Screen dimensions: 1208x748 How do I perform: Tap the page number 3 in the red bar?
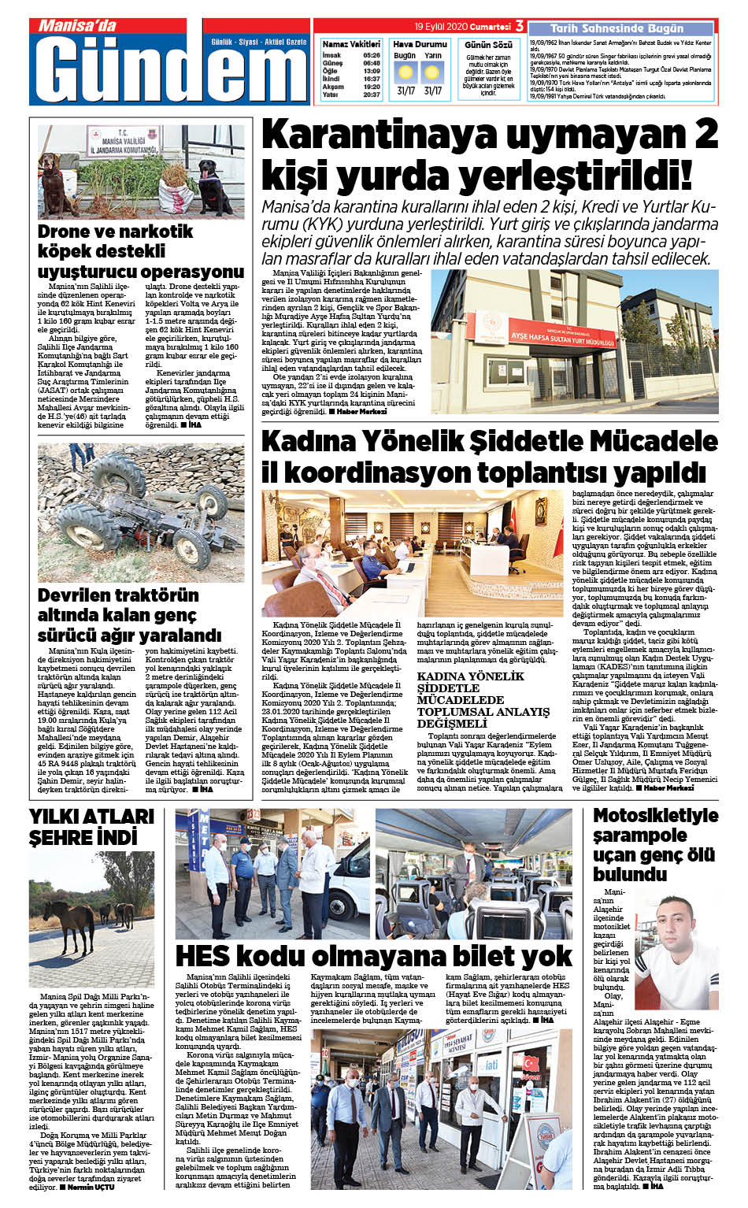520,26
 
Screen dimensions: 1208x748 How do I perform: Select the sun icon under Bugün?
405,73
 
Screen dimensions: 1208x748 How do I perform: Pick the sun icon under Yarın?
432,73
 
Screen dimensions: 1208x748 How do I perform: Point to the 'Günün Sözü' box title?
488,45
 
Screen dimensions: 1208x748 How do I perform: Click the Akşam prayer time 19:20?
372,87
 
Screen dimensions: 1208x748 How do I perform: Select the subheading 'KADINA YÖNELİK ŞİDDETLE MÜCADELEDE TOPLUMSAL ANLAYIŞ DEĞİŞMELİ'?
483,699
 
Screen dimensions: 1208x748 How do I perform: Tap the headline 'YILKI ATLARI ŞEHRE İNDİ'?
92,826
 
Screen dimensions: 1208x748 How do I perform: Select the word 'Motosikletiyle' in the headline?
655,816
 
